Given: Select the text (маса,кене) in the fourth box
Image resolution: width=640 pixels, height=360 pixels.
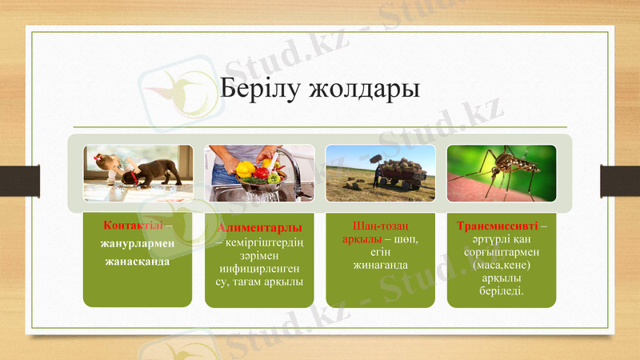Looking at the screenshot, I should [502, 264].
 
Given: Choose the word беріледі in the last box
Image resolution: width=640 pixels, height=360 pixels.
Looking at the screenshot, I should [502, 290].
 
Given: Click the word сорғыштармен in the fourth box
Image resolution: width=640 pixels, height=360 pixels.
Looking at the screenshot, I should [502, 251].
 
